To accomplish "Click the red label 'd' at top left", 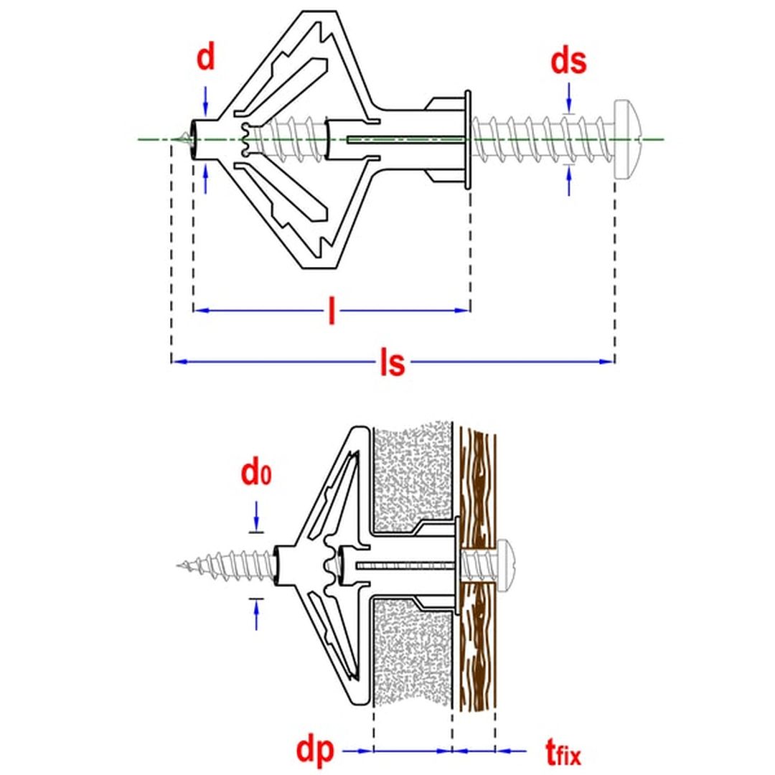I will (206, 57).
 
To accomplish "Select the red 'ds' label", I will (568, 62).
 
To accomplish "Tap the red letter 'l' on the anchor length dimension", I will (332, 311).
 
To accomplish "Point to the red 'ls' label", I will (393, 363).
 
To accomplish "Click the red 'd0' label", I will (255, 474).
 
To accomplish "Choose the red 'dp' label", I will (315, 751).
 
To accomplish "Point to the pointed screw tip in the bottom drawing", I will (180, 567).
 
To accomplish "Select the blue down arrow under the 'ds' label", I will (569, 97).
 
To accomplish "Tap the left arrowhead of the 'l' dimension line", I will (200, 311).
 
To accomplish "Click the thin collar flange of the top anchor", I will (468, 139).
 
